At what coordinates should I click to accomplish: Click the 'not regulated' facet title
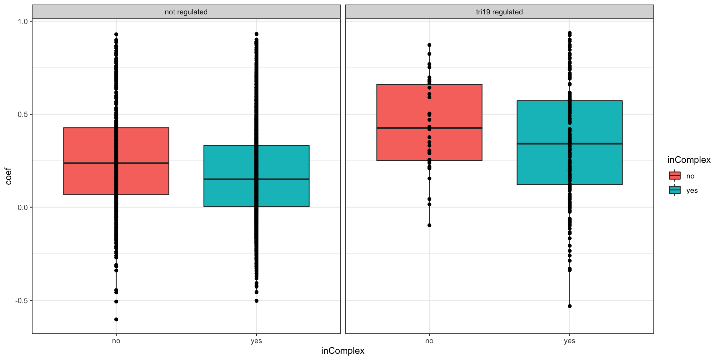pos(186,12)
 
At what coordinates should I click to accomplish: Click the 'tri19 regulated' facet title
pos(499,12)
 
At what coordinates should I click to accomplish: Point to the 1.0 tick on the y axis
pos(23,22)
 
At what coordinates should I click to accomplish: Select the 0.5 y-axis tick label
pos(23,114)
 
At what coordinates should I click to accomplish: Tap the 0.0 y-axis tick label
pos(23,207)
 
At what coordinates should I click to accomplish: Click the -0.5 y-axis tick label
pos(22,301)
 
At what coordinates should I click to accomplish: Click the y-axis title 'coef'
pos(8,176)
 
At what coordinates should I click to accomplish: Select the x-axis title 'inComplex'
pos(342,351)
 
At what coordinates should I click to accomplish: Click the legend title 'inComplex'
pos(689,160)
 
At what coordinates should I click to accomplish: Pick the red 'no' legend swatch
pos(674,176)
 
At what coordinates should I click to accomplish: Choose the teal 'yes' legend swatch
pos(674,190)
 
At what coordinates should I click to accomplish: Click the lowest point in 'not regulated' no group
pos(116,319)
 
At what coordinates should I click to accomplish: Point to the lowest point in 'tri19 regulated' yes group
pos(570,306)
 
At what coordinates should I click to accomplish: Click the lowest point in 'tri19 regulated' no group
pos(429,225)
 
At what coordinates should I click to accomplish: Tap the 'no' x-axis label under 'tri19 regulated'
pos(429,341)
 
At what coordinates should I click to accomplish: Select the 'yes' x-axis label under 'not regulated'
pos(256,341)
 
